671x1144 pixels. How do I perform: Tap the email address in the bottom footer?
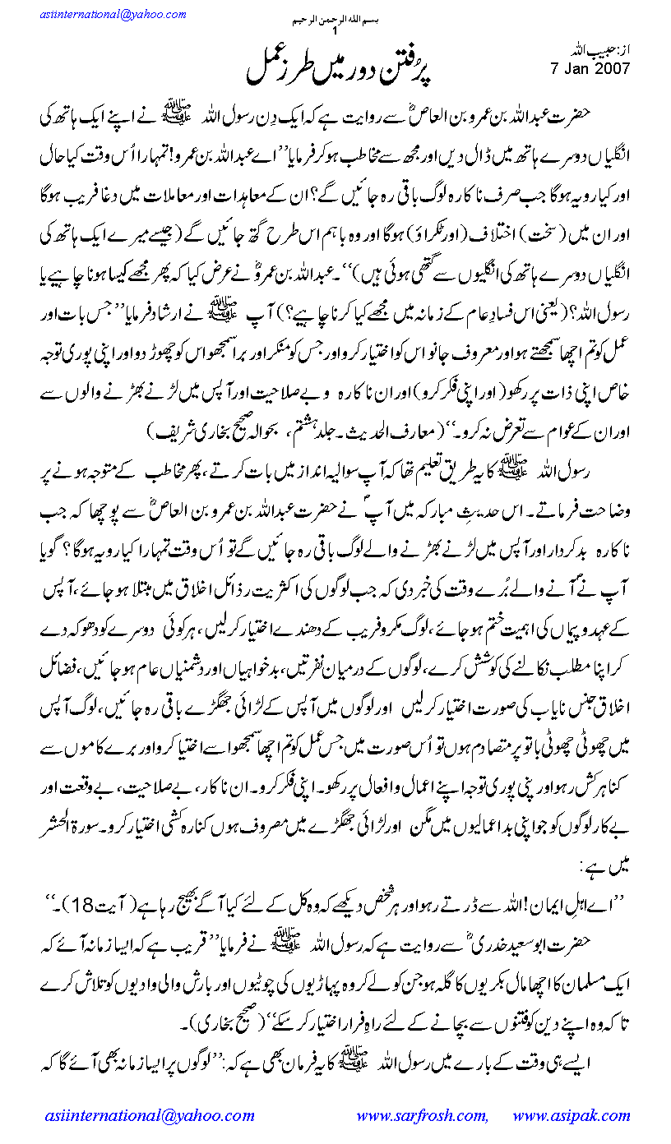pyautogui.click(x=149, y=1115)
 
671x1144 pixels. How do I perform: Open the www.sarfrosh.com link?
pyautogui.click(x=421, y=1115)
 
